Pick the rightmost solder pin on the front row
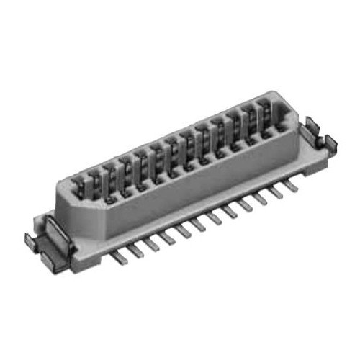(x=291, y=186)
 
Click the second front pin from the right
(x=276, y=192)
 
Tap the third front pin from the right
(x=261, y=199)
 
